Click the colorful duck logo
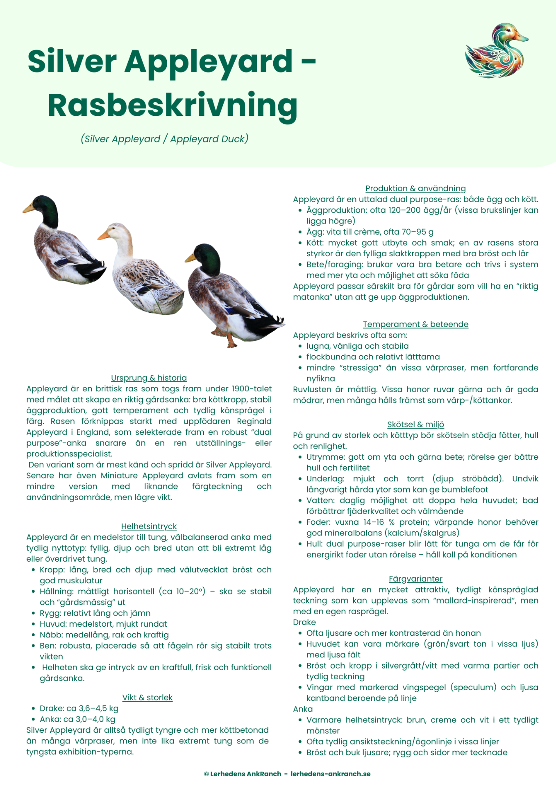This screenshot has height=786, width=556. [497, 51]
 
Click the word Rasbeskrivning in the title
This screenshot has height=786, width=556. [172, 105]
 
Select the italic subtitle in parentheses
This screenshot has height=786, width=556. [164, 139]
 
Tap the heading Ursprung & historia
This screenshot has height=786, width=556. [149, 378]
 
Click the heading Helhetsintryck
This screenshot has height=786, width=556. [149, 526]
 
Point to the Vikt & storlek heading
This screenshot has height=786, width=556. [148, 697]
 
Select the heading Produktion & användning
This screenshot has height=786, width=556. [415, 188]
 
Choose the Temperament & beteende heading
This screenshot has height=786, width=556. [415, 324]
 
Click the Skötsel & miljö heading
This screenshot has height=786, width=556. [415, 425]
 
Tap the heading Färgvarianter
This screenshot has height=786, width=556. [415, 579]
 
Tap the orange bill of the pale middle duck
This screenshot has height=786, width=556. [104, 236]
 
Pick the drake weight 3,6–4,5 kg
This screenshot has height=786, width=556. [98, 708]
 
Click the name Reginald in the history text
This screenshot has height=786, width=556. [254, 421]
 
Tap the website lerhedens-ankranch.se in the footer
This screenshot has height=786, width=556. [331, 774]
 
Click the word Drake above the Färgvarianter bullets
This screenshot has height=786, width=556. [304, 622]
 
